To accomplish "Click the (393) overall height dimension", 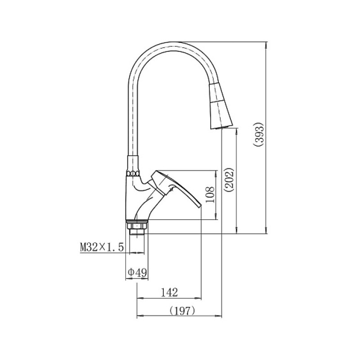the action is (259, 135).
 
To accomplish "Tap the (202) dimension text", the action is (229, 180).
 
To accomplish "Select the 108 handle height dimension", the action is (210, 195).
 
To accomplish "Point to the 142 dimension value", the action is (169, 292).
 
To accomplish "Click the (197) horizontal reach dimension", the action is (182, 311).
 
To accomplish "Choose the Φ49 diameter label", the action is (137, 273).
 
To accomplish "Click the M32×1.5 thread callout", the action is (102, 247).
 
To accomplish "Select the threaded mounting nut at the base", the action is (137, 227).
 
